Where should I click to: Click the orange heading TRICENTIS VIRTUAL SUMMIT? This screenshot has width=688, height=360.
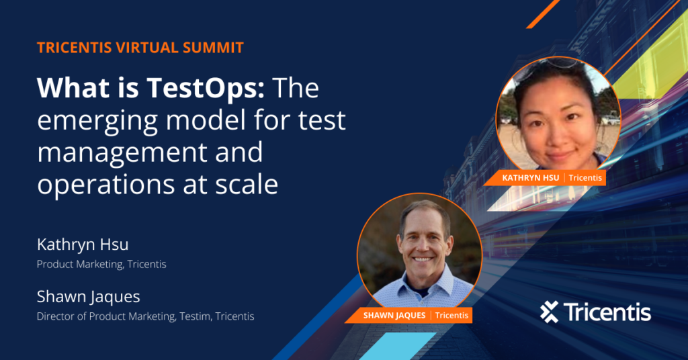point(140,48)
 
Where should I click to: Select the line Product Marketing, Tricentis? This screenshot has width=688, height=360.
point(101,264)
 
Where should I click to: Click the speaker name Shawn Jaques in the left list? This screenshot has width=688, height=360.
point(88,296)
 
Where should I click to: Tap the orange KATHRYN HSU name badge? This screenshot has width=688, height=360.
point(531,178)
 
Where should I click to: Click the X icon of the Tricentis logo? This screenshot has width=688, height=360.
point(549,312)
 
